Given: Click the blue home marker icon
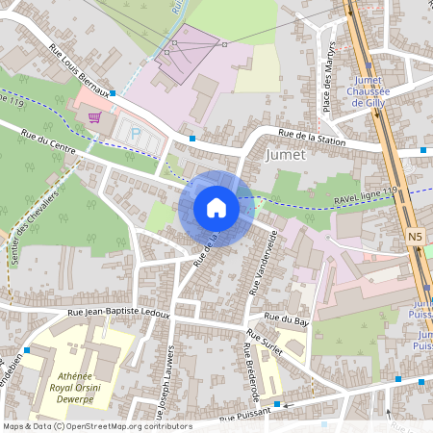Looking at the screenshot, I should click(216, 208).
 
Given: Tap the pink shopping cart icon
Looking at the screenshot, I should click(94, 117).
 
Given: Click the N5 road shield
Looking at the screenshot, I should click(415, 236).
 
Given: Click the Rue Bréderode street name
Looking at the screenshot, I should click(251, 373).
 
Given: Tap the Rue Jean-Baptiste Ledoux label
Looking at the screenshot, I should click(118, 314).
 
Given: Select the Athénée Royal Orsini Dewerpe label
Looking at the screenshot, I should click(79, 378).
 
